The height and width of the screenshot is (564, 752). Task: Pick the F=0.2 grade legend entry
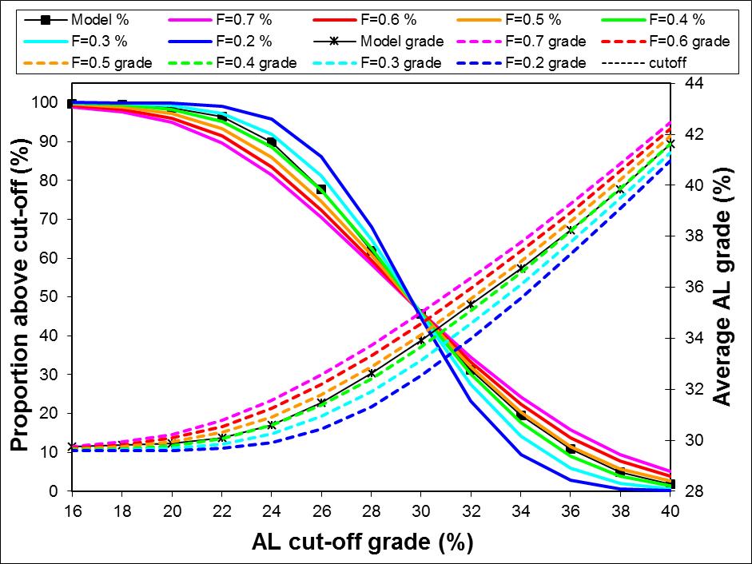click(x=519, y=63)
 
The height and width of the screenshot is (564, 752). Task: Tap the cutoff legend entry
click(x=663, y=63)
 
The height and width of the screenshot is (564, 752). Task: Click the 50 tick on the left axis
click(x=50, y=297)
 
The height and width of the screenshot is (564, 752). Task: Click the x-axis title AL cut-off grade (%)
click(x=362, y=542)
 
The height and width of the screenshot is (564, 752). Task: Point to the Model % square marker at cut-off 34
click(x=521, y=415)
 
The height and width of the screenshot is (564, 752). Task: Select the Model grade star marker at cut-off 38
click(x=620, y=189)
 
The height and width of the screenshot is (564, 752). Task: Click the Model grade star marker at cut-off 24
click(x=271, y=425)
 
